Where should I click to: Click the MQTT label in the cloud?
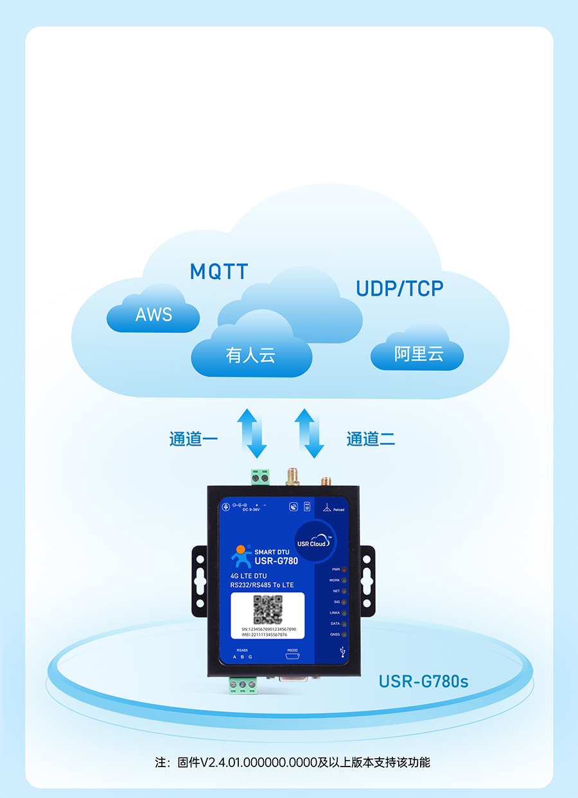[219, 271]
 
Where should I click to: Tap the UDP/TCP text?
[399, 289]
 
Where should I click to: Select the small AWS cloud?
[153, 314]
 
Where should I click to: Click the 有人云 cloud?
[250, 355]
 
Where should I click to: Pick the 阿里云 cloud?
[418, 354]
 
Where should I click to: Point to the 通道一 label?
[193, 439]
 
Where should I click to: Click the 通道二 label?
[371, 439]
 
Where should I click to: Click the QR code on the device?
[268, 609]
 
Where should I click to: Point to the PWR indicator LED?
[344, 570]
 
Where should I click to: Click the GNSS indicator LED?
[344, 635]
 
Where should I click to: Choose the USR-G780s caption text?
[423, 681]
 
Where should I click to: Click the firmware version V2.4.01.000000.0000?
[259, 763]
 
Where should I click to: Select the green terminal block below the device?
[242, 685]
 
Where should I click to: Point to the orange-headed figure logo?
[241, 555]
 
